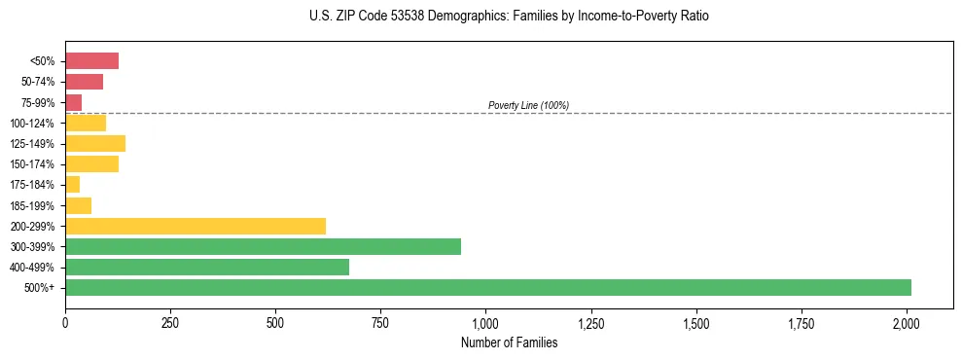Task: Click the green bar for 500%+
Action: (x=487, y=287)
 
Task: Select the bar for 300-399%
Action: (x=263, y=246)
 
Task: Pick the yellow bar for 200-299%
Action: (x=195, y=226)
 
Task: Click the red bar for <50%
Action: (x=91, y=61)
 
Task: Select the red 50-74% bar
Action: (x=84, y=82)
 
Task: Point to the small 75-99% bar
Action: (x=73, y=102)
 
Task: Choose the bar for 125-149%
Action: (x=94, y=143)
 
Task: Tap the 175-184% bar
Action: (x=72, y=184)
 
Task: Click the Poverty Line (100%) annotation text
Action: (x=528, y=105)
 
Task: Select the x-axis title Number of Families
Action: (x=509, y=342)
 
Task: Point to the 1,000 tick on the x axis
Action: (x=485, y=322)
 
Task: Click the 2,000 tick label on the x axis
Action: (x=907, y=322)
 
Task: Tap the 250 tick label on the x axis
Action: (x=170, y=322)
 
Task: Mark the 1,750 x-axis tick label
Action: (x=802, y=322)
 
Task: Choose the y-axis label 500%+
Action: (x=40, y=288)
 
